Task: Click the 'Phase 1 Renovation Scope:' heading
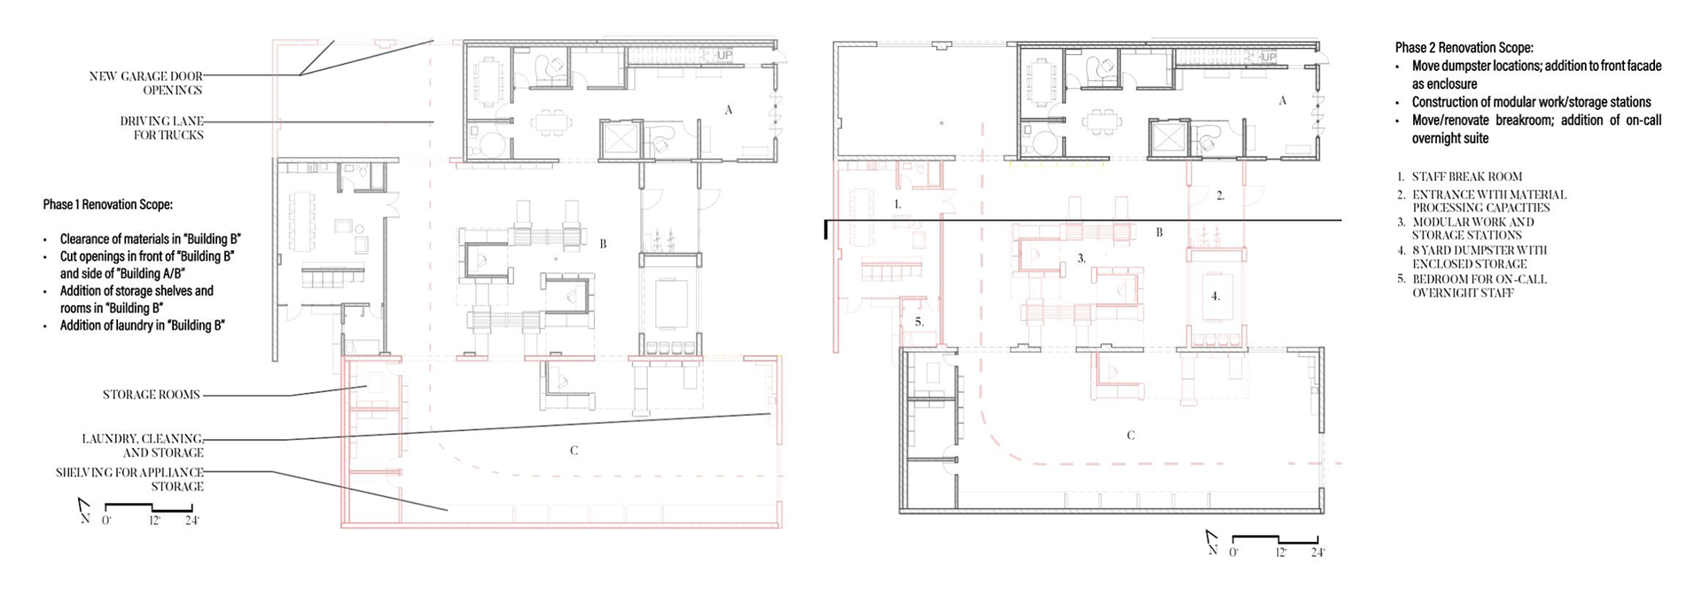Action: click(x=107, y=205)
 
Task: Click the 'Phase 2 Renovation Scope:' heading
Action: click(x=1464, y=48)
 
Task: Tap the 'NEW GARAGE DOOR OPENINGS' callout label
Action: click(x=146, y=82)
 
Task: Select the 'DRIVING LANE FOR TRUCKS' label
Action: click(x=162, y=128)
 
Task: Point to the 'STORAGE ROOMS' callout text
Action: click(x=152, y=395)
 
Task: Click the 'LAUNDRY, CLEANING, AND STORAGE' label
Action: click(x=143, y=445)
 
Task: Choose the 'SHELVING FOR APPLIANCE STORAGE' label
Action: click(x=129, y=479)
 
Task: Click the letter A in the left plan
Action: click(x=729, y=110)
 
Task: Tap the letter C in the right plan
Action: click(x=1130, y=436)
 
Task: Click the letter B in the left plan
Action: click(x=603, y=244)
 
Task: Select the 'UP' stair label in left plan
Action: click(x=725, y=56)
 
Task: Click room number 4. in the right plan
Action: click(x=1216, y=296)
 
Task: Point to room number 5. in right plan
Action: click(x=919, y=322)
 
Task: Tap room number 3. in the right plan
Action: click(x=1081, y=258)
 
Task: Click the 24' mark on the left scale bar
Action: click(x=192, y=521)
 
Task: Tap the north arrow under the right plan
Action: click(x=1212, y=542)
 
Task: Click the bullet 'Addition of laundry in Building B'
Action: click(x=142, y=326)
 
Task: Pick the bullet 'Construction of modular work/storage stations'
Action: click(x=1532, y=102)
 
